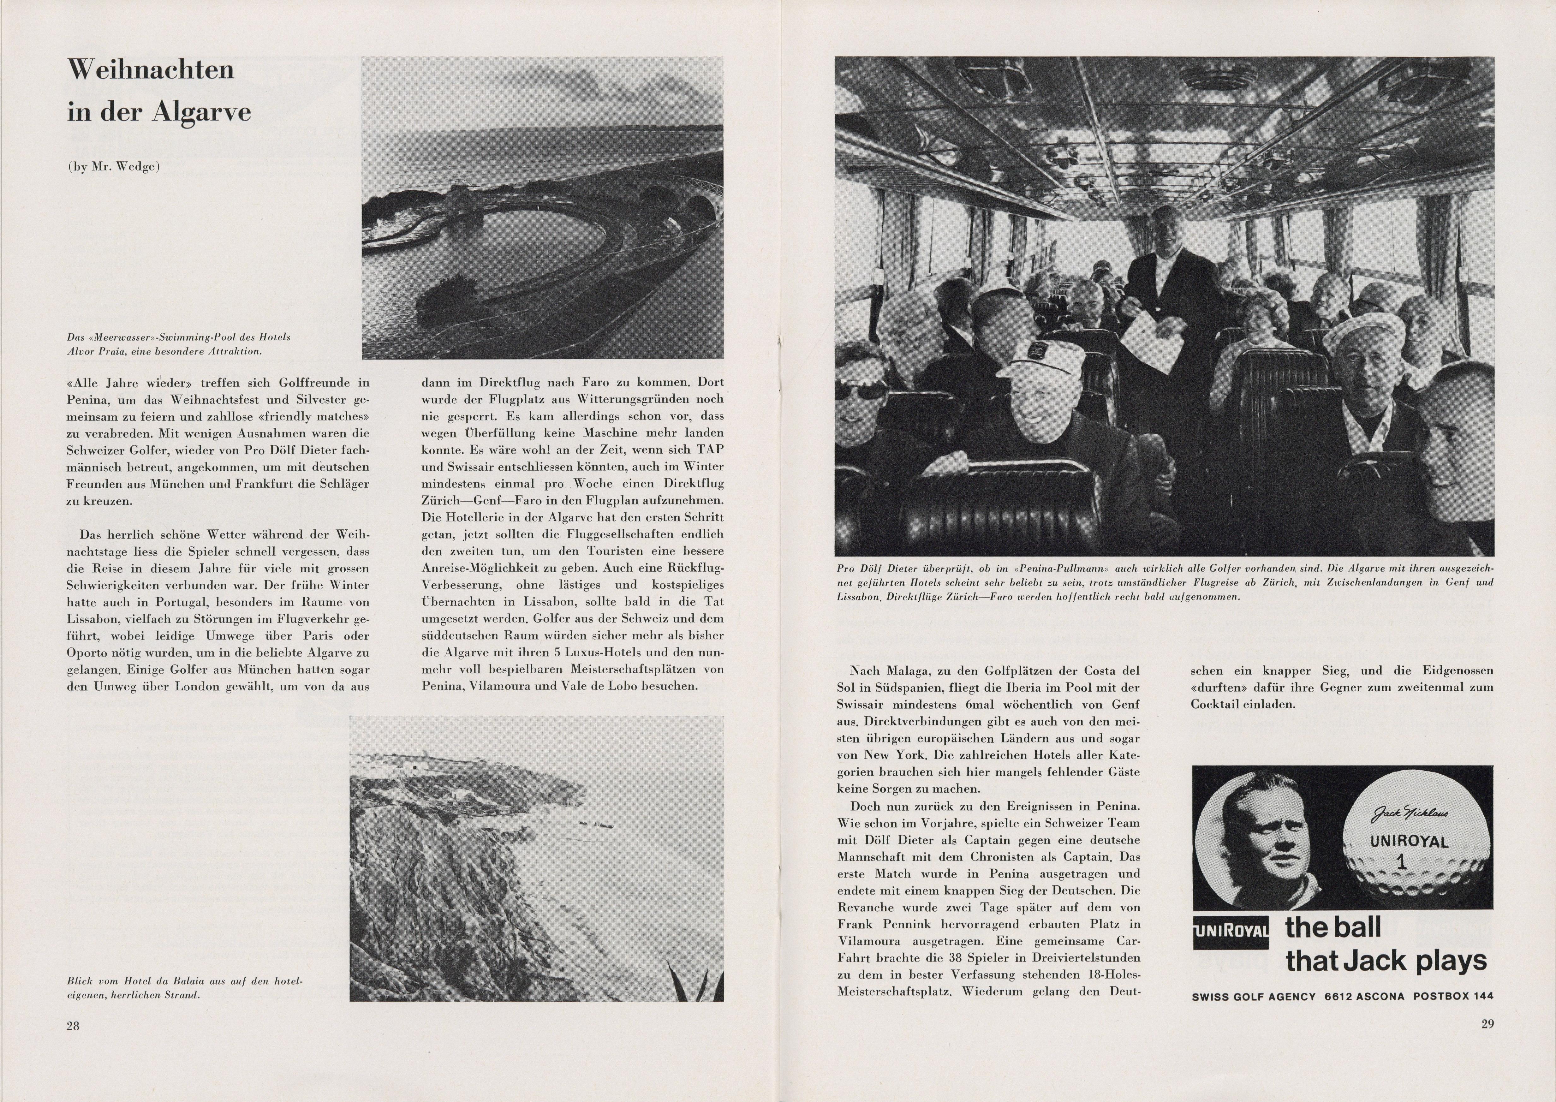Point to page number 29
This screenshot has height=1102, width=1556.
[1487, 1024]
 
